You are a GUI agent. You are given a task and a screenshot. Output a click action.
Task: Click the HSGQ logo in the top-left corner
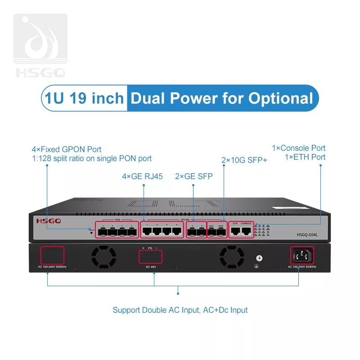point(40,45)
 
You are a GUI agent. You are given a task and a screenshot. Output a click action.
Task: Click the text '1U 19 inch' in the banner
point(84,98)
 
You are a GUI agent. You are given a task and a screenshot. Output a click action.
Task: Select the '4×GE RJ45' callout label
point(143,176)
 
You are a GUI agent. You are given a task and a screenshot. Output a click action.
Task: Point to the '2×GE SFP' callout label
point(193,176)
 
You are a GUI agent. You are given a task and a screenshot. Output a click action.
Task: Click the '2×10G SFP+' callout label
point(244,160)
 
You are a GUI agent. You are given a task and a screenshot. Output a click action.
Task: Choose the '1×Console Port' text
point(298,148)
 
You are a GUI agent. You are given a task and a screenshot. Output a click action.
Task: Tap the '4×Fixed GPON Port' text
point(67,149)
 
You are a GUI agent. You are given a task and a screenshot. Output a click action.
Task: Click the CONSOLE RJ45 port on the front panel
point(246,231)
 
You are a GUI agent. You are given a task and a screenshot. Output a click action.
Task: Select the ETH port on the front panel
point(235,231)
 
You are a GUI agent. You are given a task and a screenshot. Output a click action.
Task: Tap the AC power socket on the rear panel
point(301,256)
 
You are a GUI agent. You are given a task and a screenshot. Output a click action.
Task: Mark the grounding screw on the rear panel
point(259,258)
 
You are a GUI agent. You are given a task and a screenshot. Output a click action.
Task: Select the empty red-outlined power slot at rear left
point(53,255)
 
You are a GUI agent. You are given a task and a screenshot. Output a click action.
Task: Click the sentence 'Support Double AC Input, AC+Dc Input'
point(180,310)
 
